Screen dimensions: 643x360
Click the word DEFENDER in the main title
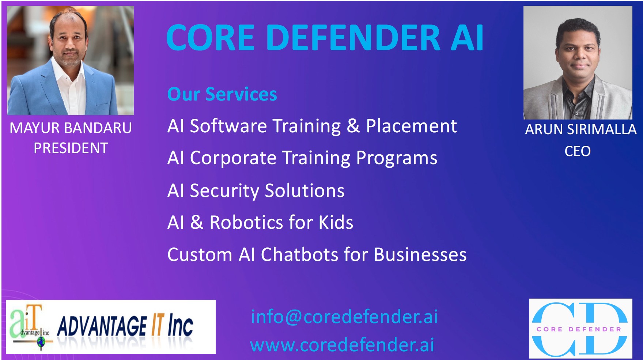[x=355, y=38]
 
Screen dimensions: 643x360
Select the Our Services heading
[x=222, y=94]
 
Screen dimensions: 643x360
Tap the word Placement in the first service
[x=411, y=126]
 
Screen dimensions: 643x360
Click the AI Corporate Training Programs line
[x=302, y=159]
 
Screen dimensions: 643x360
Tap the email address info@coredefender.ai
[x=344, y=317]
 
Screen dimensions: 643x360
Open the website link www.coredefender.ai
[x=342, y=345]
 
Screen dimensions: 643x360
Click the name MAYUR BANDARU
[x=71, y=128]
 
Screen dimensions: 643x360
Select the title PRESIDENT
[x=71, y=148]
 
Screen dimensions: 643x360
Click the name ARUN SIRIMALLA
[x=580, y=129]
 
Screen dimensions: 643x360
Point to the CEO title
[x=578, y=151]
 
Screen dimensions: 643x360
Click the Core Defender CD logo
[x=580, y=329]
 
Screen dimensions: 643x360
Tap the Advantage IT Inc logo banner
[x=111, y=327]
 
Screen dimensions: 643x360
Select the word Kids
[x=336, y=223]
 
